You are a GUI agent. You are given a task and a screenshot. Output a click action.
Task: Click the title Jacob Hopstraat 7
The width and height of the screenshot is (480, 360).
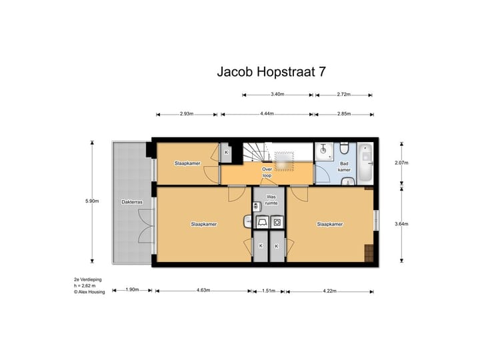tap(272, 71)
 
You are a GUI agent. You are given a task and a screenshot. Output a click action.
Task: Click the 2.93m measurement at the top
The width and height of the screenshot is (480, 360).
tap(187, 114)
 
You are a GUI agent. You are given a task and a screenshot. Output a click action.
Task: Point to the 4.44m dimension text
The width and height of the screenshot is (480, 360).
tap(267, 114)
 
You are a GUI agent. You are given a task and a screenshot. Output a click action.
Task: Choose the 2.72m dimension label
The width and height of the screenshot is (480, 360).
tap(344, 95)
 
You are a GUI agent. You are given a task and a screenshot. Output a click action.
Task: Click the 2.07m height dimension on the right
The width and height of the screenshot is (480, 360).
tap(402, 163)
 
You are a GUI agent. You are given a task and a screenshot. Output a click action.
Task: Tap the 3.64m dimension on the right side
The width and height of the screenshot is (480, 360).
tap(402, 225)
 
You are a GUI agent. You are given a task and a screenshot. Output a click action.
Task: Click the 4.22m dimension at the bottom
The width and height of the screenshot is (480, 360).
tap(329, 291)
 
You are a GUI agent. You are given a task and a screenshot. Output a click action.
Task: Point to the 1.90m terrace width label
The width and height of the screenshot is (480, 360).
tap(132, 291)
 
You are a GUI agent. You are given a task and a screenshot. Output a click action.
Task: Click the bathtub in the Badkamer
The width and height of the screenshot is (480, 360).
tap(366, 162)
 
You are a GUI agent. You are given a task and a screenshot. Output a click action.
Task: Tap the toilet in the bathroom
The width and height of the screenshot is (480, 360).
tap(344, 147)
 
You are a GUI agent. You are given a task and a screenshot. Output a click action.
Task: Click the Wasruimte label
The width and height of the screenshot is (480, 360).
tap(271, 200)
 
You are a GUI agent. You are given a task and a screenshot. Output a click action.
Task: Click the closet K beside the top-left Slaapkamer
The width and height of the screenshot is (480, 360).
tap(227, 152)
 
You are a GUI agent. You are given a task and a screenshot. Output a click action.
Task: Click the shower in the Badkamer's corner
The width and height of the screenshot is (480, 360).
tap(324, 151)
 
